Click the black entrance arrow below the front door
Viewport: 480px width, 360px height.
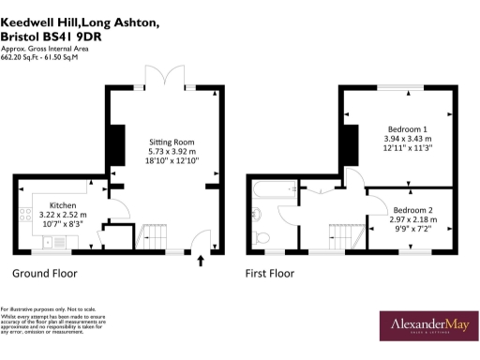coord(200,262)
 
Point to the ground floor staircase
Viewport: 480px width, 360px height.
coord(154,232)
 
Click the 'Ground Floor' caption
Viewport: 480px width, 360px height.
coord(44,274)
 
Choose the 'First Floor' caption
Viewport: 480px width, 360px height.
coord(270,274)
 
